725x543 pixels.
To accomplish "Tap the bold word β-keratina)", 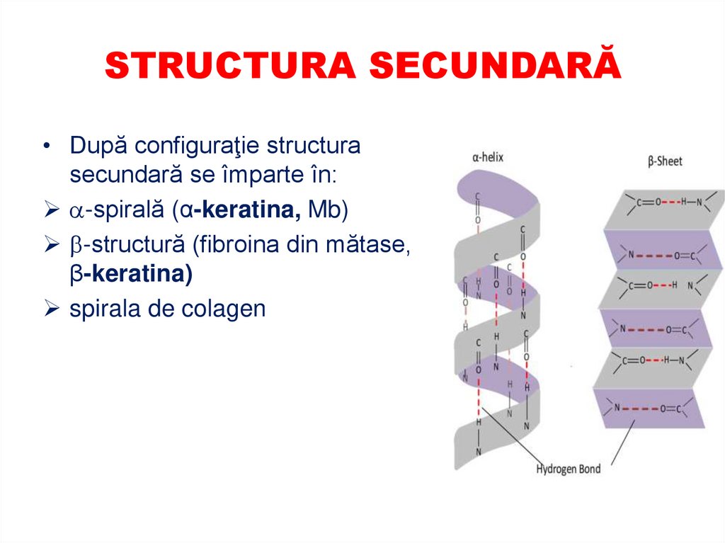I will click(131, 275).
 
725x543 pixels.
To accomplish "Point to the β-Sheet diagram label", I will click(665, 161).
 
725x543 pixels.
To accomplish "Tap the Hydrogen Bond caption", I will click(568, 469).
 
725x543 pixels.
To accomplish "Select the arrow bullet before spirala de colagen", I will click(50, 309).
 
